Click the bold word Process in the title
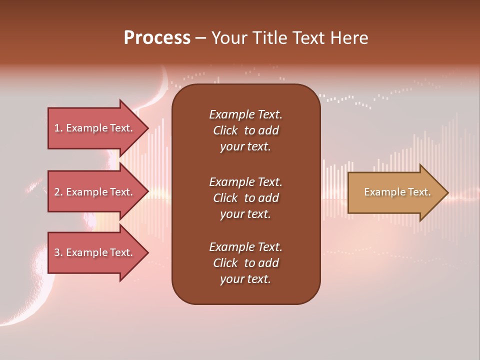[x=157, y=38]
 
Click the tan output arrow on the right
[x=395, y=192]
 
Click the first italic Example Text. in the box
[x=245, y=114]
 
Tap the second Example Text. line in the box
[x=245, y=182]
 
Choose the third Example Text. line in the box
[x=245, y=247]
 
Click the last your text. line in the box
[x=245, y=279]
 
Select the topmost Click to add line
[x=245, y=130]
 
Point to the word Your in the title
[x=229, y=38]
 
